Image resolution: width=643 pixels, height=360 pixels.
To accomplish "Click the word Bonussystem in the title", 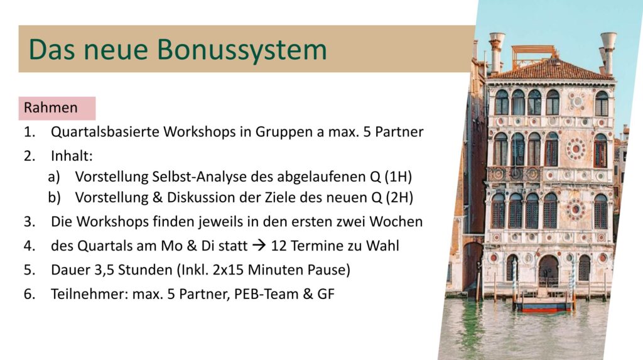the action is (x=242, y=50).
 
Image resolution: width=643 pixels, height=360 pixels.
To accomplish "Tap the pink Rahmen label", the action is (x=57, y=108).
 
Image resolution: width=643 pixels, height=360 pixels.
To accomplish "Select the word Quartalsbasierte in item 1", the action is (x=105, y=132).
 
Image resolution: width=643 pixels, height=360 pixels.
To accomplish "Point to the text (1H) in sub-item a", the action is (x=398, y=177).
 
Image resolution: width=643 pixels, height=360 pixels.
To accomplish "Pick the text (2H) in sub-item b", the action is (x=399, y=198).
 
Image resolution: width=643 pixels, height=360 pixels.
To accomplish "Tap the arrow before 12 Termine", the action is (x=259, y=246).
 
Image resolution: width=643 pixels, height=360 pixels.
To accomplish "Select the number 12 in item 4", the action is (x=279, y=246).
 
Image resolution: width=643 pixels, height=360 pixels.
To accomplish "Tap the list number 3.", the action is (x=29, y=222).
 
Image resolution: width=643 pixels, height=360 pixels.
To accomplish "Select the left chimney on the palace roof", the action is (x=496, y=53).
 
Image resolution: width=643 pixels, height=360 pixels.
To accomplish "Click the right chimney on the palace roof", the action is (x=608, y=53).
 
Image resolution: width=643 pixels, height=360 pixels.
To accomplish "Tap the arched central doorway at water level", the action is (x=548, y=271).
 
